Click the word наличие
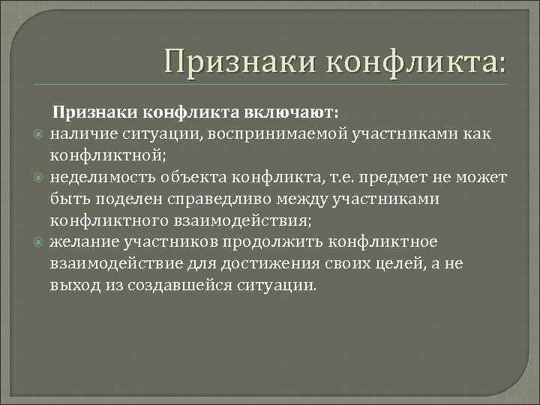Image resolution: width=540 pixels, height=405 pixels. [x=79, y=134]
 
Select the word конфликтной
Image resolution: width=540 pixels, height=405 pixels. [x=106, y=156]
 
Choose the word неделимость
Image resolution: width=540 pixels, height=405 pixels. [x=99, y=178]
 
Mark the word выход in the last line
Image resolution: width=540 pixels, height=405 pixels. [x=72, y=286]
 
